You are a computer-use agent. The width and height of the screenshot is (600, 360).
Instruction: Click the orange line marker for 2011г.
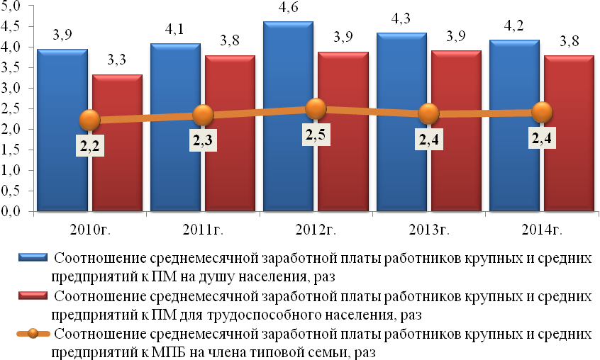click(x=203, y=115)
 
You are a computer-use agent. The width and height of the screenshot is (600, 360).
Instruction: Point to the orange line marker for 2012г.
click(x=316, y=108)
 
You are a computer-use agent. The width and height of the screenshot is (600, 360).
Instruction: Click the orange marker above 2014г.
click(x=542, y=111)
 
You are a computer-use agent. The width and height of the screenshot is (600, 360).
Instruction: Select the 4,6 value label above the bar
click(x=288, y=9)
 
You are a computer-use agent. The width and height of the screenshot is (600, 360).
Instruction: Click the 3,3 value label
click(x=117, y=62)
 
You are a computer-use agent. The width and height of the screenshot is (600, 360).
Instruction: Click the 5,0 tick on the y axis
click(x=14, y=6)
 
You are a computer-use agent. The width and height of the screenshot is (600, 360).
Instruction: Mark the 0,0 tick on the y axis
click(x=14, y=211)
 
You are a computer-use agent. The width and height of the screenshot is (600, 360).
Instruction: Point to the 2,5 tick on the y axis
click(x=14, y=109)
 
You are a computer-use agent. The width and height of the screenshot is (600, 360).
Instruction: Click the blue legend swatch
click(x=33, y=257)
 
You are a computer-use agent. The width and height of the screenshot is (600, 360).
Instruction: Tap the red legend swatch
click(x=33, y=296)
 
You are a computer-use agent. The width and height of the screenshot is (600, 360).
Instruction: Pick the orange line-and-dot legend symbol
click(x=33, y=334)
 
